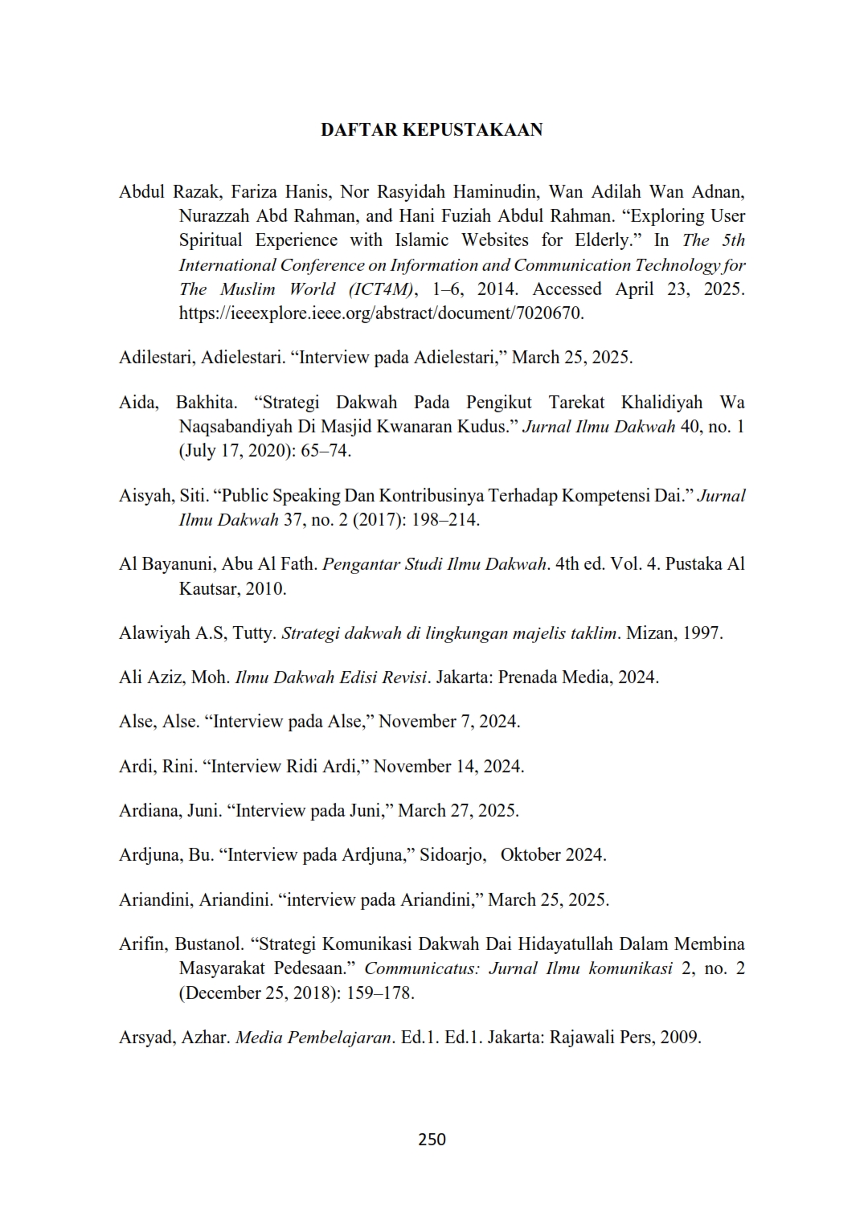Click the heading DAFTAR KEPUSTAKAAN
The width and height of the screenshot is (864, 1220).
pyautogui.click(x=432, y=130)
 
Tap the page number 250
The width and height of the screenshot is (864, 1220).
pyautogui.click(x=432, y=1139)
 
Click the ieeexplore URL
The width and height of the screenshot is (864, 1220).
pyautogui.click(x=380, y=313)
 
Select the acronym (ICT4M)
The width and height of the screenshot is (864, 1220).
pyautogui.click(x=376, y=289)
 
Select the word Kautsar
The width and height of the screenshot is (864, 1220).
pyautogui.click(x=210, y=589)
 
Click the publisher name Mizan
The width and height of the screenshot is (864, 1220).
pyautogui.click(x=649, y=633)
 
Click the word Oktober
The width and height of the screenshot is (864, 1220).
pyautogui.click(x=531, y=855)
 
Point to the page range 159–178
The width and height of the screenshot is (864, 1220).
pyautogui.click(x=379, y=993)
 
